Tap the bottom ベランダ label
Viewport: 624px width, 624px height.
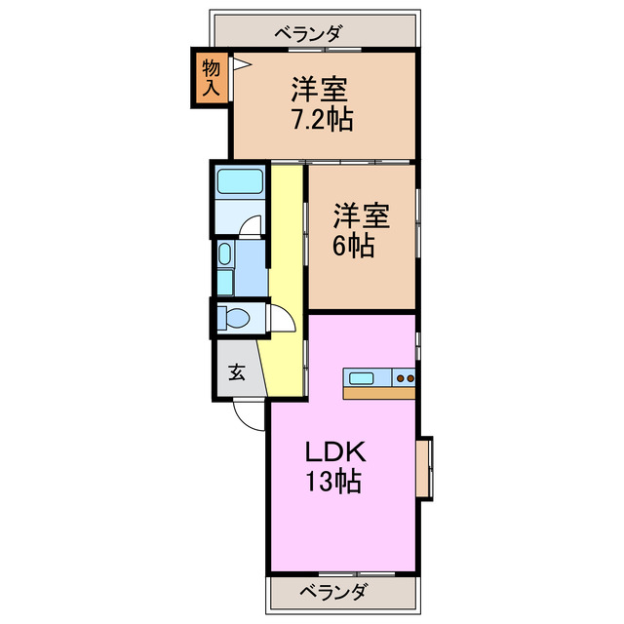click(333, 591)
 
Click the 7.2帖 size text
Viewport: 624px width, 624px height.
click(321, 120)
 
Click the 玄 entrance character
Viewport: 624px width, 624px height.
click(237, 371)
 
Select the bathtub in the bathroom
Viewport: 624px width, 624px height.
click(239, 182)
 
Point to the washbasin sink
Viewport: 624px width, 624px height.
click(225, 256)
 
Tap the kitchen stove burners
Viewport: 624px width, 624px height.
click(406, 377)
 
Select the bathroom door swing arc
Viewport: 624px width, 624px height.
click(253, 226)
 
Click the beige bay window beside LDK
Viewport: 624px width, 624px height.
click(424, 468)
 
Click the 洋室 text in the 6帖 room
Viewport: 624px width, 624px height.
click(362, 214)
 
